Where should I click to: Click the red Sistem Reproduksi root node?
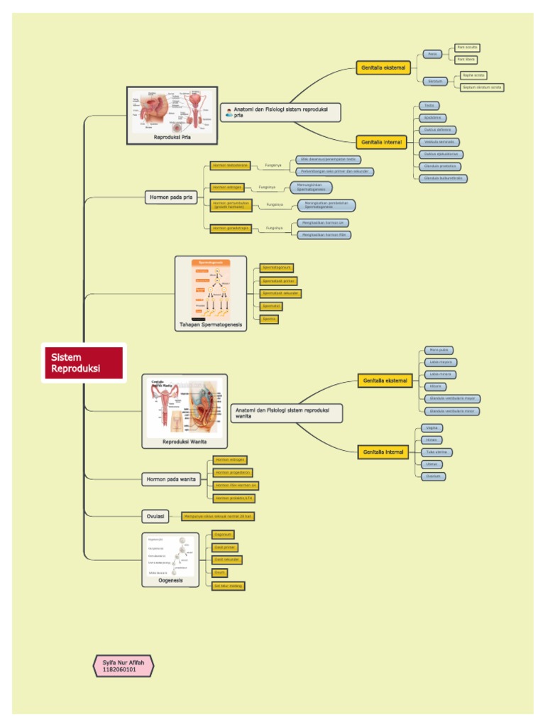84,363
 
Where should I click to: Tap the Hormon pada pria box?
171,197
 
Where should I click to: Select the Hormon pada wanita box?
171,479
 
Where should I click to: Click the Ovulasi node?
155,516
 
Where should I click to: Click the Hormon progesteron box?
233,473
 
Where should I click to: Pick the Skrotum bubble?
436,81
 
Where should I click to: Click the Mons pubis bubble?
439,350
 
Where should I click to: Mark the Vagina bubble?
432,428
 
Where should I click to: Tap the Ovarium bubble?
433,476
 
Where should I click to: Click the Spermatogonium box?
276,268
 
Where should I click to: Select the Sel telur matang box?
228,586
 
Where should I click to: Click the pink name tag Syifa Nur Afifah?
123,665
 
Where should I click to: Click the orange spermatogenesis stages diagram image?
211,289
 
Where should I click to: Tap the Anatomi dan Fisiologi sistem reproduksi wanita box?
286,413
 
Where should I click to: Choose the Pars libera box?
466,60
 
